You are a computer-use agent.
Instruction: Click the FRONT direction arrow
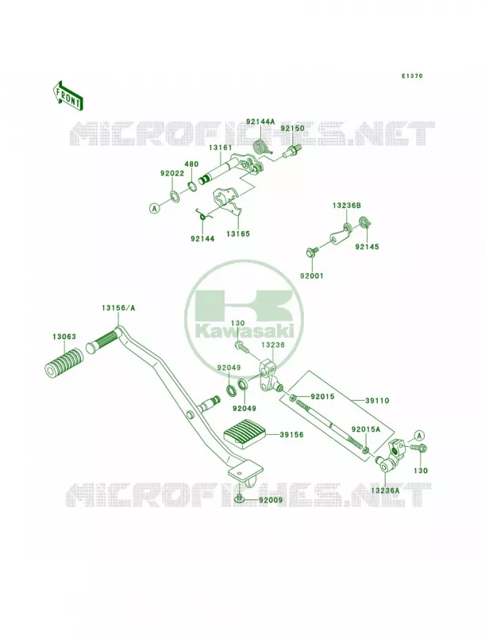click(x=68, y=95)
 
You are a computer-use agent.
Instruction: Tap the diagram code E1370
click(x=412, y=75)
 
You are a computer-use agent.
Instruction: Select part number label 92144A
click(x=260, y=121)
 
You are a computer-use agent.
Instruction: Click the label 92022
click(x=172, y=173)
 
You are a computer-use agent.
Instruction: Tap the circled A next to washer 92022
click(x=153, y=209)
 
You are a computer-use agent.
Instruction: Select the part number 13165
click(x=238, y=233)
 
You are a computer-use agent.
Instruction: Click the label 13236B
click(x=347, y=206)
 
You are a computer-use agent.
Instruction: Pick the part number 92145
click(x=368, y=247)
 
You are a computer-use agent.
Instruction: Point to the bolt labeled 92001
click(x=311, y=252)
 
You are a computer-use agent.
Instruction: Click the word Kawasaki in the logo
click(x=244, y=332)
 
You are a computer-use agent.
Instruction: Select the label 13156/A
click(x=118, y=308)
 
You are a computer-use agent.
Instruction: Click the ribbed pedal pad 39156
click(x=246, y=433)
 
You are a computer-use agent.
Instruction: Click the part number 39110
click(x=377, y=401)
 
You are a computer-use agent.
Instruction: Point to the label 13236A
click(x=385, y=491)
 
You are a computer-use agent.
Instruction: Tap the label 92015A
click(x=366, y=429)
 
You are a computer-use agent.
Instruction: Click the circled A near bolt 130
click(x=419, y=436)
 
